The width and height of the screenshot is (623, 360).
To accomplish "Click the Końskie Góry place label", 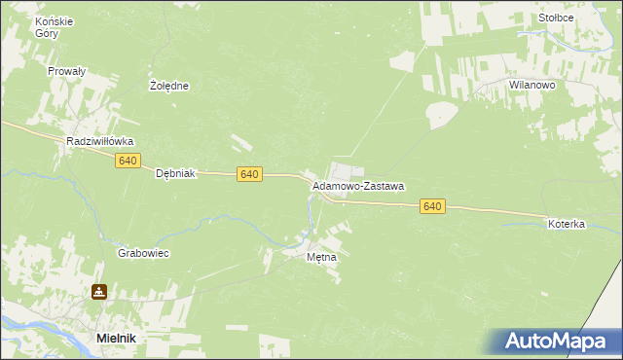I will pyautogui.click(x=46, y=26).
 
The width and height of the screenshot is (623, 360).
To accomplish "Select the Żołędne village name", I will pyautogui.click(x=169, y=86).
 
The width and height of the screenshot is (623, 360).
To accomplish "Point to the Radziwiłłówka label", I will pyautogui.click(x=99, y=141).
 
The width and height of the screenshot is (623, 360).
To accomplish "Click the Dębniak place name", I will pyautogui.click(x=176, y=173).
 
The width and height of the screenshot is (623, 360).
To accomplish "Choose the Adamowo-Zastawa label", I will pyautogui.click(x=358, y=185).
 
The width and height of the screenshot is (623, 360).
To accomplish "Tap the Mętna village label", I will pyautogui.click(x=321, y=258).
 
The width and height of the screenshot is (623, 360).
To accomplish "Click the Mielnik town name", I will pyautogui.click(x=115, y=337).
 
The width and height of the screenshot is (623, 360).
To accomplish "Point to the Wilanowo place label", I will pyautogui.click(x=531, y=86).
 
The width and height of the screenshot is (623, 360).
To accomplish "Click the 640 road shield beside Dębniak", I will pyautogui.click(x=249, y=174).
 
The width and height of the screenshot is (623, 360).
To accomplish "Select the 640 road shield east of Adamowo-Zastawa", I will pyautogui.click(x=433, y=206).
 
